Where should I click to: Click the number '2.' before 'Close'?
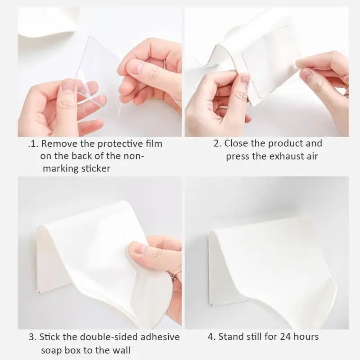click(217, 144)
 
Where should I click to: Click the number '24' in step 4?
click(282, 337)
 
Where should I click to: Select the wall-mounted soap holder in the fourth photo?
click(270, 265)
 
